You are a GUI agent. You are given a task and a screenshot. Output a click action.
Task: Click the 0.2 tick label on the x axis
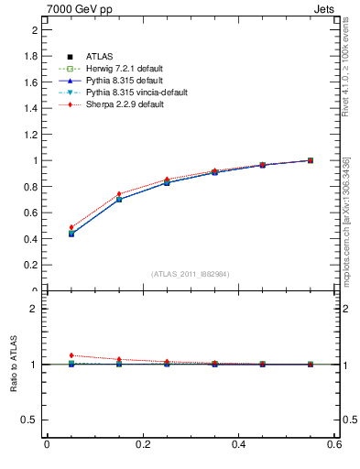[x=143, y=445]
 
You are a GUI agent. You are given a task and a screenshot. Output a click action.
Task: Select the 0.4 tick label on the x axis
[x=239, y=445]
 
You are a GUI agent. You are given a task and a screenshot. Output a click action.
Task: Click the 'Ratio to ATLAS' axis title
[x=14, y=365]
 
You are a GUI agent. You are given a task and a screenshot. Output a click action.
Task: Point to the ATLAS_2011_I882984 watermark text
[x=191, y=274]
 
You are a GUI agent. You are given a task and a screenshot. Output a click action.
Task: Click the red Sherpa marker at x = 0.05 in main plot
[x=71, y=227]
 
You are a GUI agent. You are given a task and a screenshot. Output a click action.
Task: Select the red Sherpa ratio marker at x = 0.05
[x=71, y=355]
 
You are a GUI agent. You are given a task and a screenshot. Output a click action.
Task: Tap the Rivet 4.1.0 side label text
[x=346, y=78]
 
